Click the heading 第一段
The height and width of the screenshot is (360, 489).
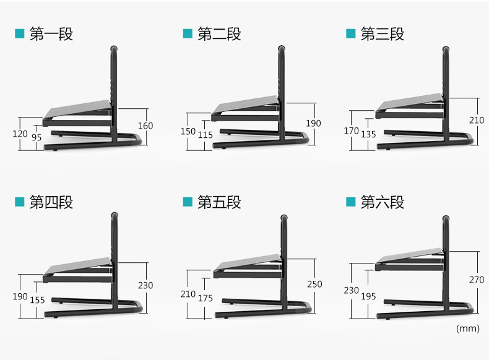[51, 34]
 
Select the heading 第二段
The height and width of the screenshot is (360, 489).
[219, 34]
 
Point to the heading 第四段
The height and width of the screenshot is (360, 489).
[51, 202]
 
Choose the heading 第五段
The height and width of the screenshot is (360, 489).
[219, 202]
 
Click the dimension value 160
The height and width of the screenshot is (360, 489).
[145, 126]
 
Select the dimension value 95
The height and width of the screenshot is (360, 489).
[37, 138]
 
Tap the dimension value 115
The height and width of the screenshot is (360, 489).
[206, 134]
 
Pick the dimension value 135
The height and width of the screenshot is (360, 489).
[368, 134]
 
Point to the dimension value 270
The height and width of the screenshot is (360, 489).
[476, 280]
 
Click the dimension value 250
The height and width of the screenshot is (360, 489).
[314, 284]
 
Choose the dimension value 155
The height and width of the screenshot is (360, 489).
[37, 300]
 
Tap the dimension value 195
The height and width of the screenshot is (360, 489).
[368, 297]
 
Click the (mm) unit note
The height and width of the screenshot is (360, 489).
[467, 328]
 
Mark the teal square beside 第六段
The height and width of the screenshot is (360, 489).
[351, 202]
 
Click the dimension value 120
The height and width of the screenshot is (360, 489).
[20, 134]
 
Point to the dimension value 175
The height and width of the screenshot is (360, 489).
[206, 298]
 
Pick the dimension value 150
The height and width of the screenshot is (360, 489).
[188, 131]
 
